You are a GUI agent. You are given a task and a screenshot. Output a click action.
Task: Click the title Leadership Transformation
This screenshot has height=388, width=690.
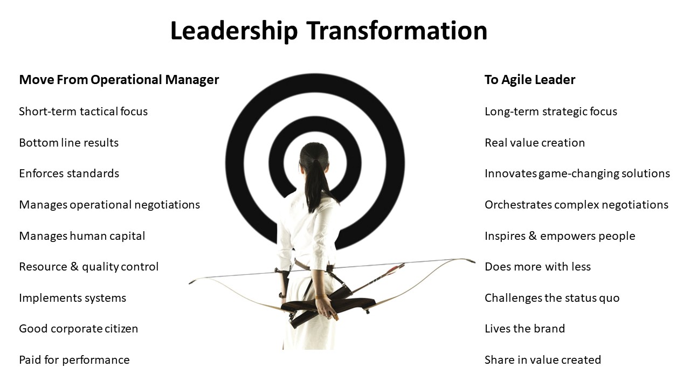(329, 31)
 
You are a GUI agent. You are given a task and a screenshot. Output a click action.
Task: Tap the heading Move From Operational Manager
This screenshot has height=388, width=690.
(119, 80)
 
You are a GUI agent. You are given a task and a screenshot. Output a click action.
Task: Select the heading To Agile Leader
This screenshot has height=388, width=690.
(530, 80)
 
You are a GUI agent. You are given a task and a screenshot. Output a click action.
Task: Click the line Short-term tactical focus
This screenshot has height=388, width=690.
(83, 112)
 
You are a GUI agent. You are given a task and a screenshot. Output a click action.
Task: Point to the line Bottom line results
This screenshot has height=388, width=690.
(68, 143)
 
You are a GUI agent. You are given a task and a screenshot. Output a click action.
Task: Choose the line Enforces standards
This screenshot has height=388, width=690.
(69, 174)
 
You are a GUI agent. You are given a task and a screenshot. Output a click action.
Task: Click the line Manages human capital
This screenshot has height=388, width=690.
(82, 236)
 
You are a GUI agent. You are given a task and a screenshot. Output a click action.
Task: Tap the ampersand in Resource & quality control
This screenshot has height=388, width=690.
(74, 267)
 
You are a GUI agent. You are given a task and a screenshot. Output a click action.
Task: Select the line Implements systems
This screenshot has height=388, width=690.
(72, 298)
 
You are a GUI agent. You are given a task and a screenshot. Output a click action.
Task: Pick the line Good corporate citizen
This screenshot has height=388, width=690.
(79, 329)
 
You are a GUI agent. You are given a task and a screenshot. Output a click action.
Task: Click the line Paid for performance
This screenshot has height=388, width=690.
(74, 360)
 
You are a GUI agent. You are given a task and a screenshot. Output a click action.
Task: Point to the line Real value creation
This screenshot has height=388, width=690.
(535, 143)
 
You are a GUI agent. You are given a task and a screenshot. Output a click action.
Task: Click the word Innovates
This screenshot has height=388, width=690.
(510, 174)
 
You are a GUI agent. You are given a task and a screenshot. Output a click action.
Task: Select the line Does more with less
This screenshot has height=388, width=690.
(537, 267)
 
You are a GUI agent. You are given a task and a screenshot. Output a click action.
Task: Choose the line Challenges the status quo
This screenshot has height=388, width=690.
(552, 298)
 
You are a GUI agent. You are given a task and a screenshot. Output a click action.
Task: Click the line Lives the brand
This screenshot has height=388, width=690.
(525, 329)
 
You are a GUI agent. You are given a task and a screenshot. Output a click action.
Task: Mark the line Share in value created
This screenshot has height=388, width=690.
(543, 360)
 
